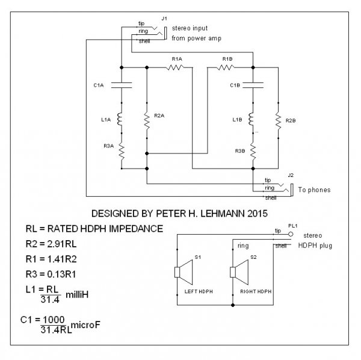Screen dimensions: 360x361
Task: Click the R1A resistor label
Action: [x=177, y=58]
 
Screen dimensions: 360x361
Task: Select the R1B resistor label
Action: [x=227, y=58]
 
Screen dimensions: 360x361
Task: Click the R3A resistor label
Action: [x=108, y=147]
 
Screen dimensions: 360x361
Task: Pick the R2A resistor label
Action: [x=159, y=114]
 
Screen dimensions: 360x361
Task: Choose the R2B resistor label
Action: [x=291, y=120]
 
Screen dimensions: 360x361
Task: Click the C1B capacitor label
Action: [x=235, y=85]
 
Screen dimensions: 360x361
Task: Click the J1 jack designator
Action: [x=163, y=20]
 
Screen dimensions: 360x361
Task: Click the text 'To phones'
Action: [x=314, y=190]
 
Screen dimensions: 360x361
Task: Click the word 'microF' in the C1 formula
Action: [x=88, y=325]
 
